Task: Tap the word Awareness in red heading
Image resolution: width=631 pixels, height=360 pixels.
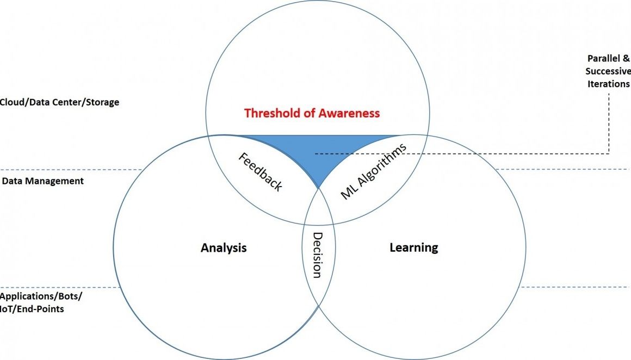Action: pos(347,114)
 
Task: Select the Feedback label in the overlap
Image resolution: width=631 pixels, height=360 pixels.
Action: pos(261,171)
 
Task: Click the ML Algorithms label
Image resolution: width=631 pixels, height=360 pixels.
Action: pos(373,172)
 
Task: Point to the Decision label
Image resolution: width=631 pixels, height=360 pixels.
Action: pos(317,255)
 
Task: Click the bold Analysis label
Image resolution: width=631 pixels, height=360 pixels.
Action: pos(224,248)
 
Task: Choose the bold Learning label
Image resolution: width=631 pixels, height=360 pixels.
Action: pos(413,247)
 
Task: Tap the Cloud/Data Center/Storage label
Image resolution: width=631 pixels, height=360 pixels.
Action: pos(59,102)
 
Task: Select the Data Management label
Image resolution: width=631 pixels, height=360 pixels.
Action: pos(43,181)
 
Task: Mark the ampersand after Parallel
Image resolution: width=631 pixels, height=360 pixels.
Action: pos(627,58)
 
